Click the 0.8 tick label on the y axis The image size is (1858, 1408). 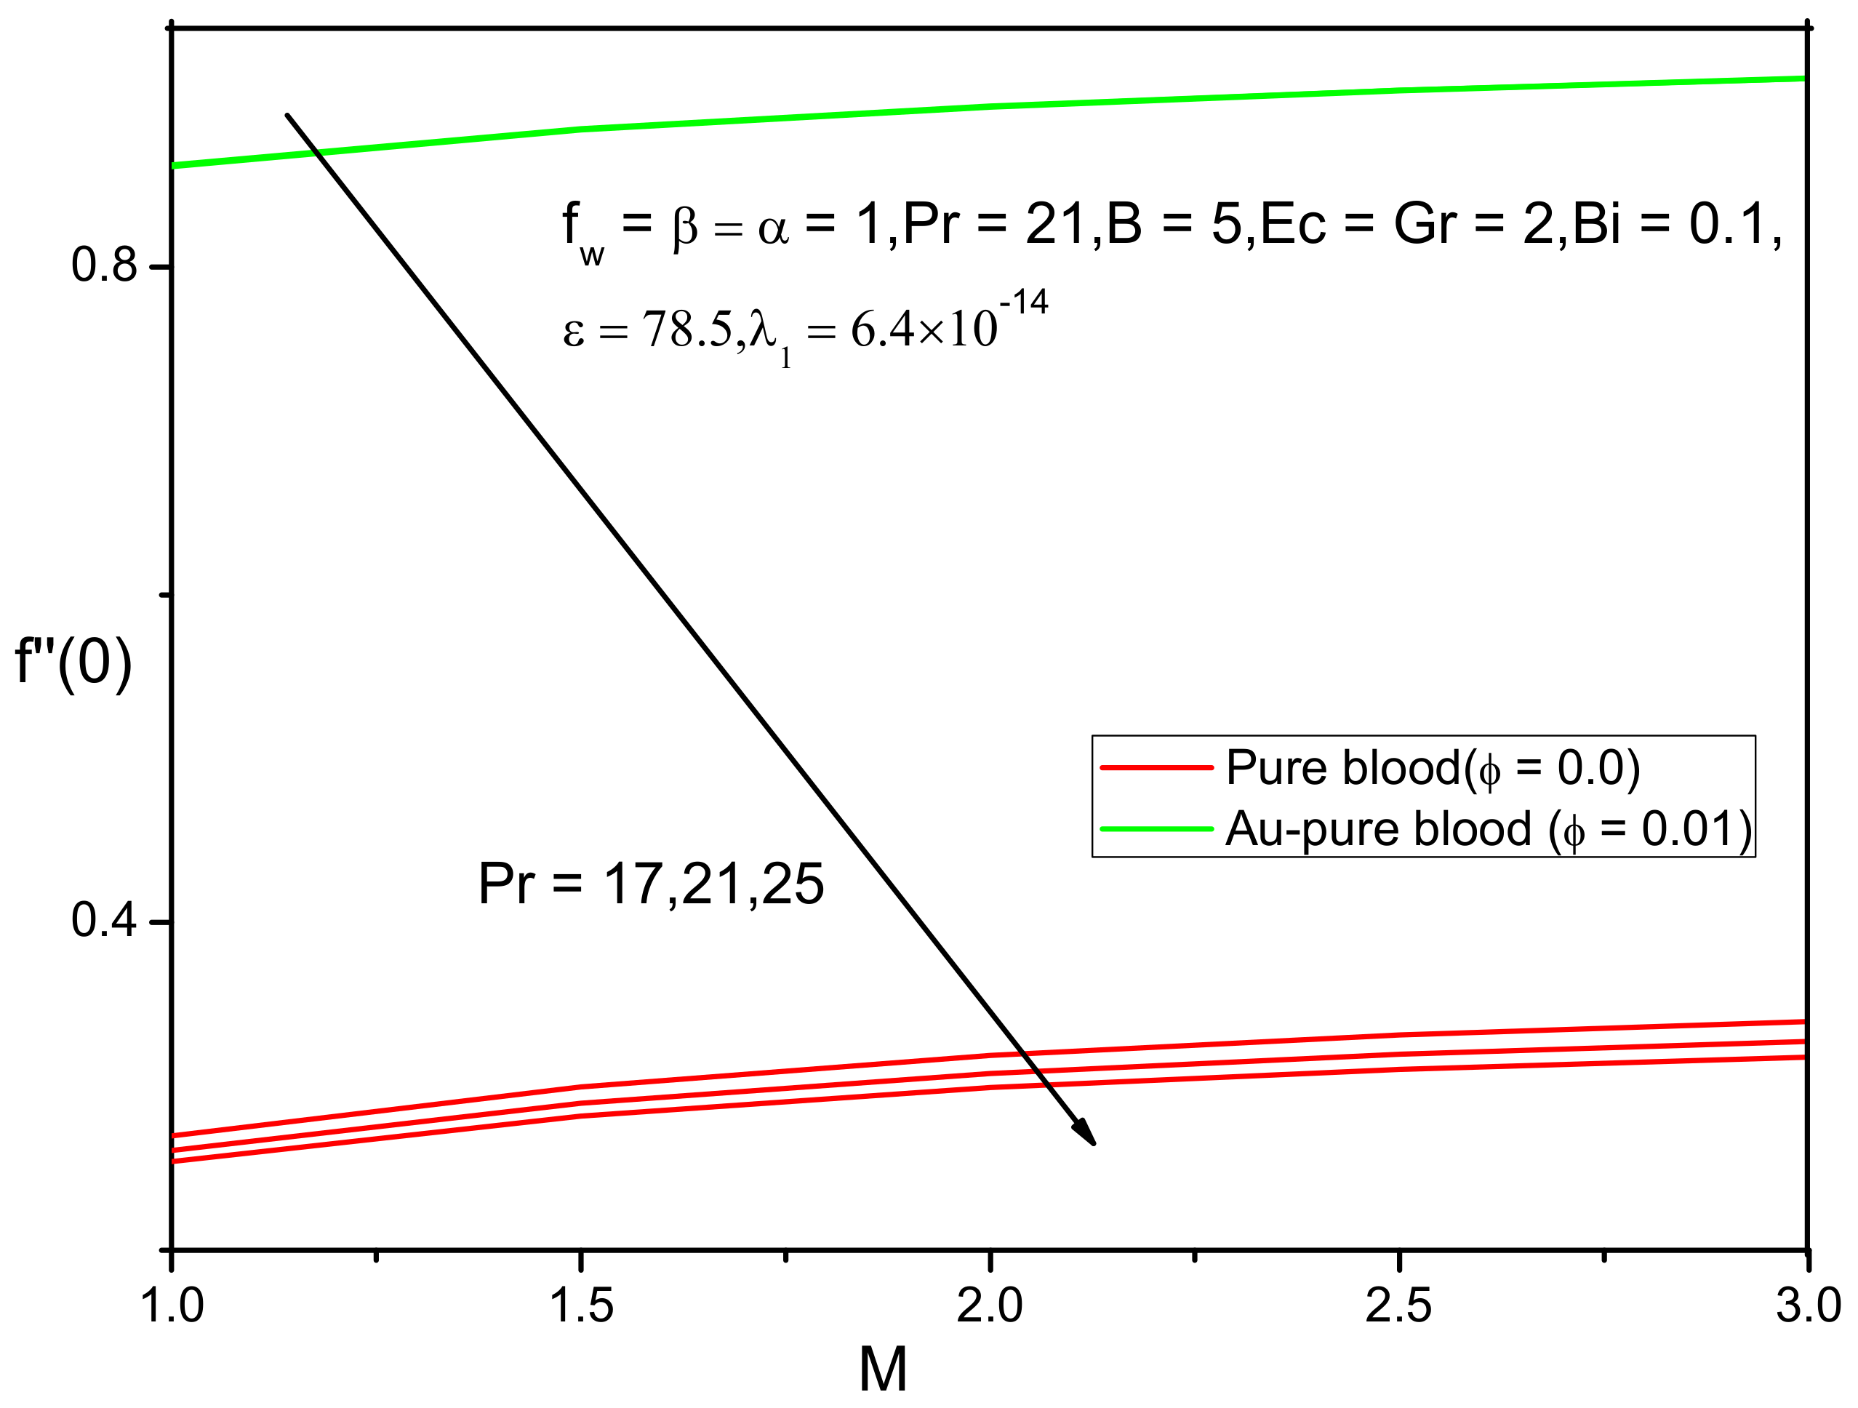pyautogui.click(x=103, y=265)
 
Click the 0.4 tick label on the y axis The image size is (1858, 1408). pyautogui.click(x=103, y=920)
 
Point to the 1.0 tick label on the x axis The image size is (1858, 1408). pyautogui.click(x=172, y=1306)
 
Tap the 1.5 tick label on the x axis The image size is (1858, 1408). pyautogui.click(x=580, y=1306)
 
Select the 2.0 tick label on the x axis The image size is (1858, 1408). pyautogui.click(x=990, y=1306)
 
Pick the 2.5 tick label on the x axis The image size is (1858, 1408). pyautogui.click(x=1398, y=1306)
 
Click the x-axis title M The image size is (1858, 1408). pyautogui.click(x=883, y=1370)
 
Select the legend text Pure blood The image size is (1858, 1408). pyautogui.click(x=1344, y=767)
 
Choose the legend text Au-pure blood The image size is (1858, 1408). pyautogui.click(x=1377, y=829)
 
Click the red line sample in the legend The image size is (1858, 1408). pyautogui.click(x=1157, y=768)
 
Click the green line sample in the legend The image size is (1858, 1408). pyautogui.click(x=1157, y=829)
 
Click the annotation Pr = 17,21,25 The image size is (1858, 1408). pyautogui.click(x=651, y=884)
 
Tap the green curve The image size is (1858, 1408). pyautogui.click(x=1176, y=98)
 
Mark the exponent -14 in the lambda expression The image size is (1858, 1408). pyautogui.click(x=1024, y=303)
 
